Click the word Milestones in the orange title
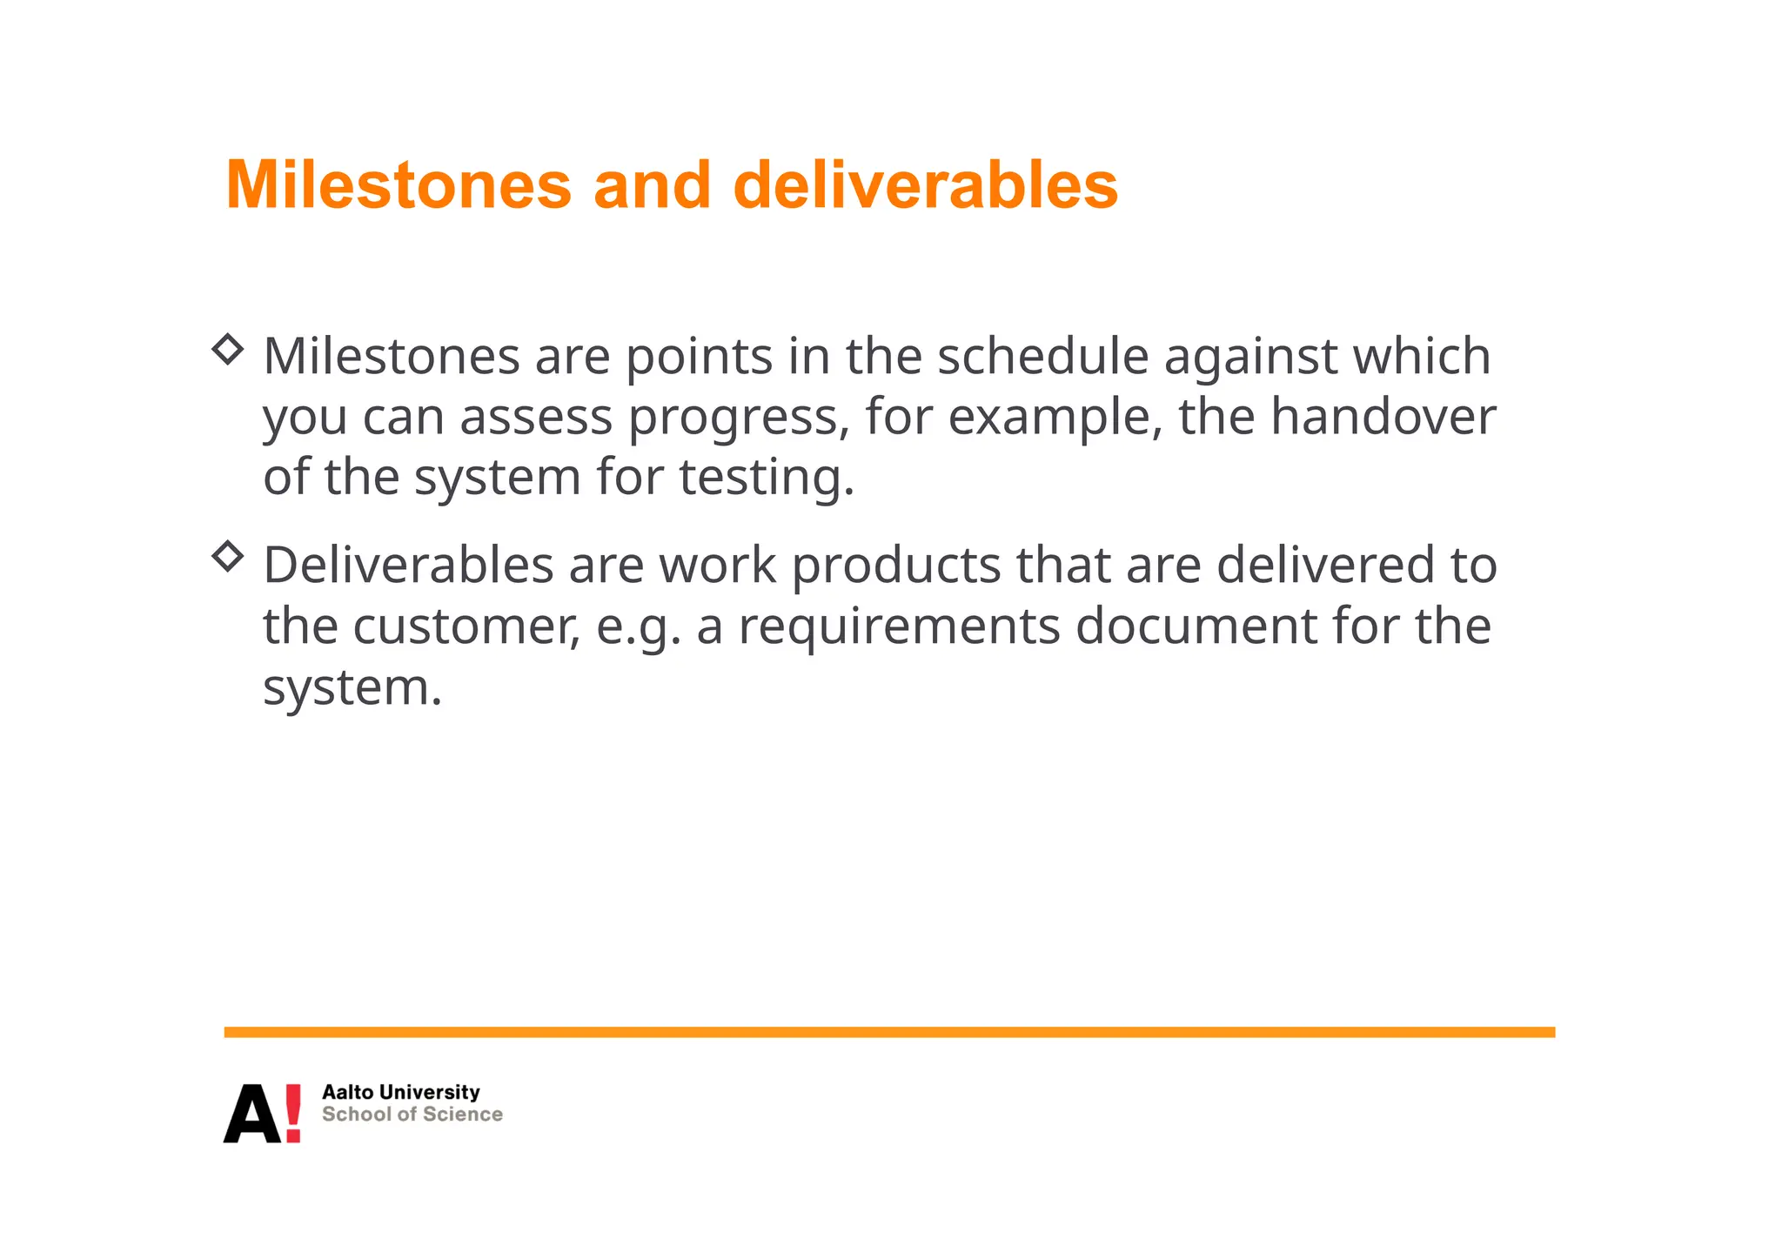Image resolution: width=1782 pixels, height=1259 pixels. [399, 185]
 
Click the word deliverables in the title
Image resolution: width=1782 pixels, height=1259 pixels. [925, 185]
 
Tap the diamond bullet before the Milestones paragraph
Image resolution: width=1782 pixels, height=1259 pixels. [227, 349]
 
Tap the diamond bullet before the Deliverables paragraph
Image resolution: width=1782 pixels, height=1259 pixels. [227, 556]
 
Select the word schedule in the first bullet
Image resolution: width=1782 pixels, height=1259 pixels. [1042, 356]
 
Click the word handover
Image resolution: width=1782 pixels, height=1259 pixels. [1383, 417]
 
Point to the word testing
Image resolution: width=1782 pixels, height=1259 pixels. [760, 478]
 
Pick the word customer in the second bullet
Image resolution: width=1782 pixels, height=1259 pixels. [466, 626]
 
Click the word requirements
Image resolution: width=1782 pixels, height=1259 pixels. [899, 626]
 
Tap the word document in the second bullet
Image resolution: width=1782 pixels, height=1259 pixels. [1196, 626]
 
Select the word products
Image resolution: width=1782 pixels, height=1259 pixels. [896, 566]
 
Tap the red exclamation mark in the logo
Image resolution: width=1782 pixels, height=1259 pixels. [293, 1113]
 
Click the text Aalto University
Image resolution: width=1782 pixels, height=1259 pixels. [400, 1092]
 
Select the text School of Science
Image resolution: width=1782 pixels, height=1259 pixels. [412, 1115]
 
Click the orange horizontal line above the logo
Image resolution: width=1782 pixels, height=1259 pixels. [888, 1032]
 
